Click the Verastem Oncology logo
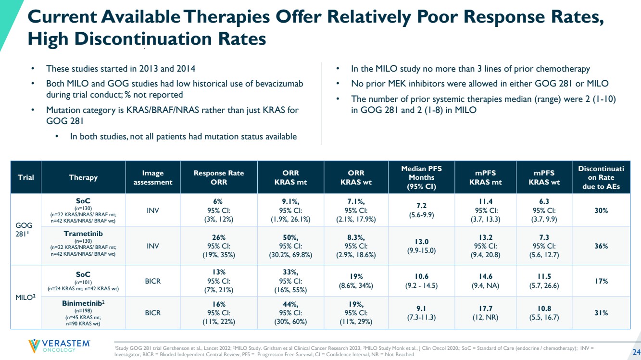coord(59,346)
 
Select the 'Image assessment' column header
coord(152,177)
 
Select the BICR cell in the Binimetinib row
coord(152,313)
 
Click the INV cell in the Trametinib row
coord(152,246)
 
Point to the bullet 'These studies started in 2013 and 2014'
coord(121,69)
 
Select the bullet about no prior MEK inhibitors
coord(480,84)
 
